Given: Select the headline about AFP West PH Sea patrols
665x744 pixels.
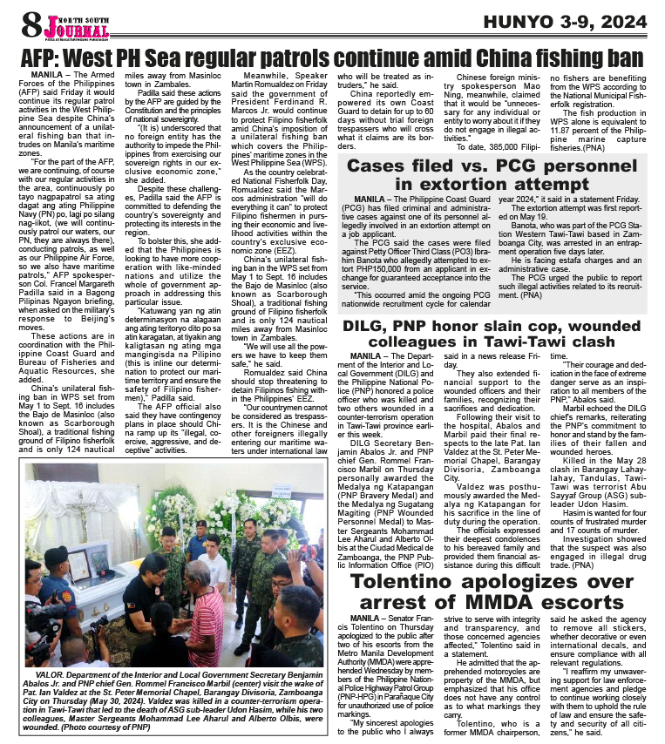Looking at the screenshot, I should (x=332, y=57).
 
